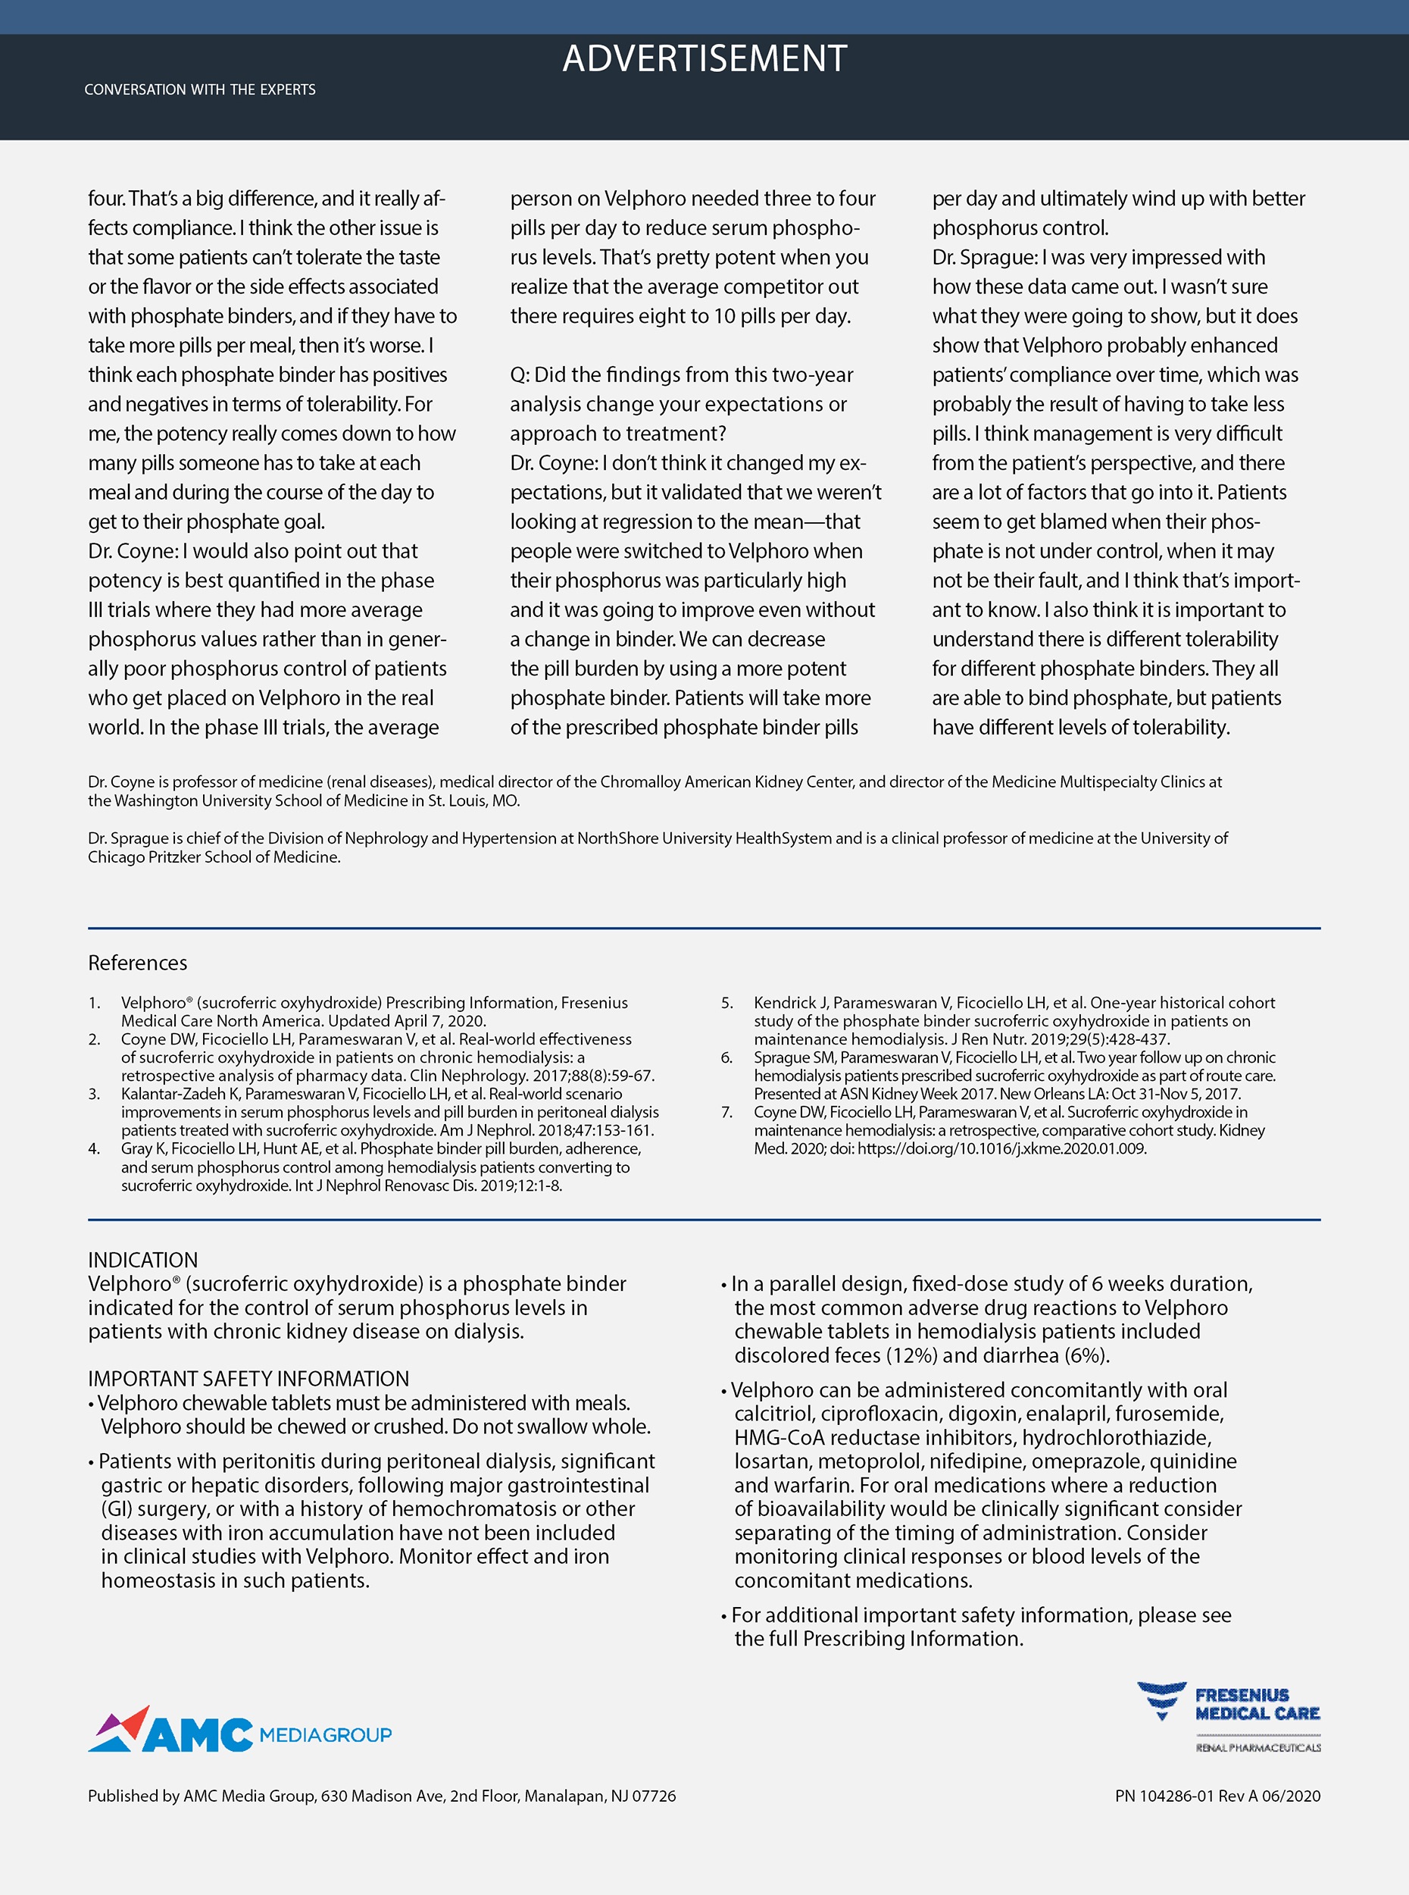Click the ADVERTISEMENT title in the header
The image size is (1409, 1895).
[x=704, y=59]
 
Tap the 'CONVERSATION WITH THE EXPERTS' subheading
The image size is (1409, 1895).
[x=199, y=89]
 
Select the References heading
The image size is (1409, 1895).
[x=137, y=963]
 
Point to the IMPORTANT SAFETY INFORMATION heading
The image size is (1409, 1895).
[x=248, y=1378]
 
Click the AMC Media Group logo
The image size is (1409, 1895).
[x=239, y=1731]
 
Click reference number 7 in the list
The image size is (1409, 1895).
[x=726, y=1112]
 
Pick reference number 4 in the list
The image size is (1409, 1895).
[x=94, y=1148]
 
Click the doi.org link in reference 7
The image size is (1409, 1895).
[x=1001, y=1148]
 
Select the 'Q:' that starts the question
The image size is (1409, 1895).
[x=520, y=374]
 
